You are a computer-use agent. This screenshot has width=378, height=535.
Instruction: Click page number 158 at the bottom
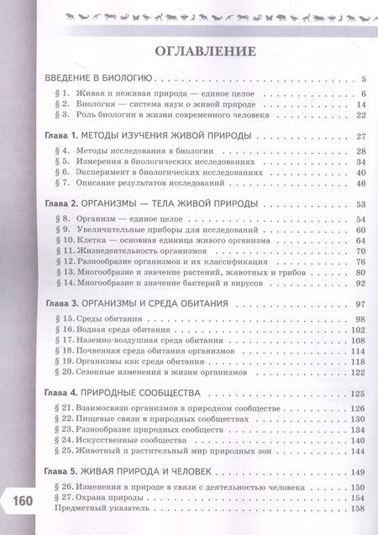(359, 510)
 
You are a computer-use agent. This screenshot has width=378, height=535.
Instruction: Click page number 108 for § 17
(359, 341)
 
